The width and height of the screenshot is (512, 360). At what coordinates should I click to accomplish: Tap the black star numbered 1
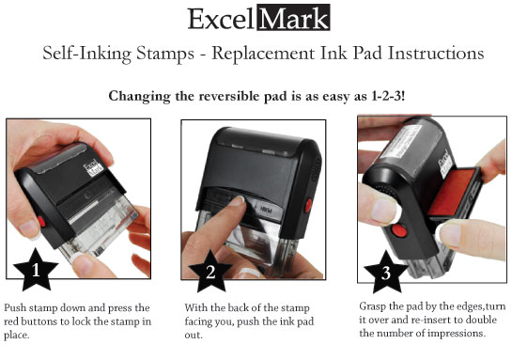coord(36,271)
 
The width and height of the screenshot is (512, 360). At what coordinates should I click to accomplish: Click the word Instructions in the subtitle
coord(436,54)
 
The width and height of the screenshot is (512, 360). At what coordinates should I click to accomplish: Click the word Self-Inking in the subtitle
coord(85,54)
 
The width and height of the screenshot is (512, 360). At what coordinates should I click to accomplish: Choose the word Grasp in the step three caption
coord(376,306)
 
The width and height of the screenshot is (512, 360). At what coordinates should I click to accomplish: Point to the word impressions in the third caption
coord(454,333)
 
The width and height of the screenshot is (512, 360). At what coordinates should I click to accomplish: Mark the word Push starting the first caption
coord(16,307)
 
